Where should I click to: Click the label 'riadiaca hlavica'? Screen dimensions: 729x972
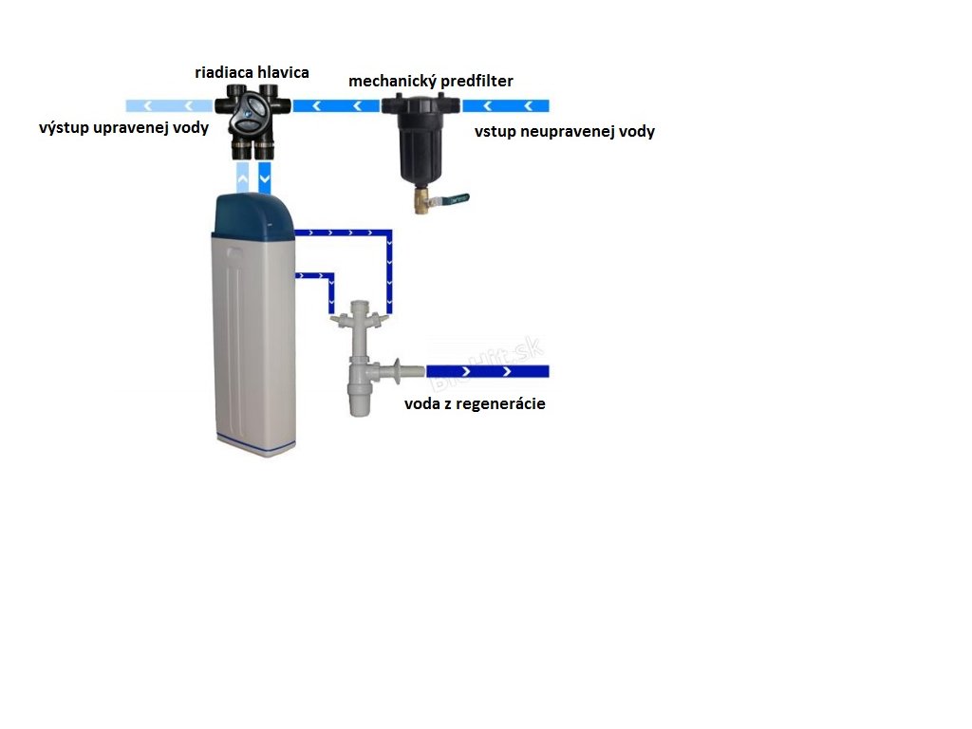pyautogui.click(x=252, y=72)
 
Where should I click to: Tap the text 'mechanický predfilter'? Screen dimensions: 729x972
pyautogui.click(x=431, y=82)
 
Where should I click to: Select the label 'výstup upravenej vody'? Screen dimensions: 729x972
pyautogui.click(x=123, y=127)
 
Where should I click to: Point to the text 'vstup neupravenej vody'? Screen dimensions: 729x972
pyautogui.click(x=564, y=132)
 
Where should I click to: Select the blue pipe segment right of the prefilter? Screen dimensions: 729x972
pyautogui.click(x=505, y=105)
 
